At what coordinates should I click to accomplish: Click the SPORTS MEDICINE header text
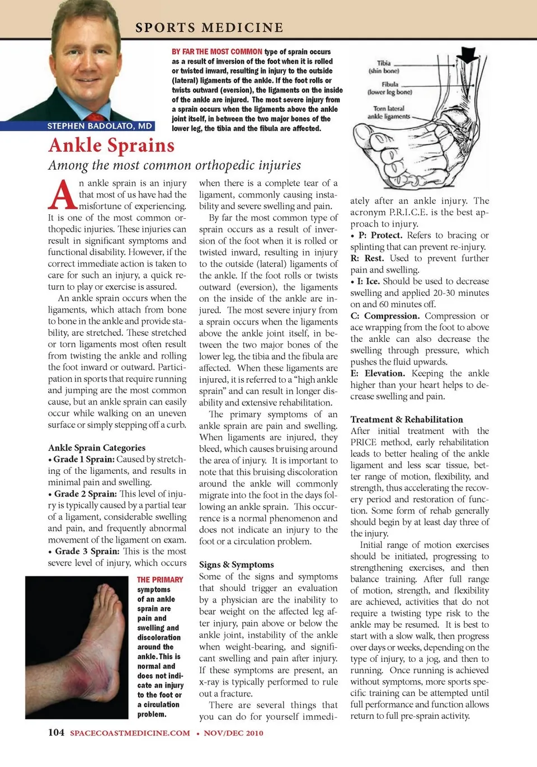point(209,27)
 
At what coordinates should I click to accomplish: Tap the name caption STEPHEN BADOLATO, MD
point(100,126)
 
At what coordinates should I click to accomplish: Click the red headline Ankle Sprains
point(111,145)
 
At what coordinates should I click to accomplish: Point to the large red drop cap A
point(62,195)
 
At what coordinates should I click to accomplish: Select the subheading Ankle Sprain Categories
point(97,448)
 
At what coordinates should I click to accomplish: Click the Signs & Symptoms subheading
point(236,564)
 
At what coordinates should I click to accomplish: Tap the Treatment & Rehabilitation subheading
point(407,419)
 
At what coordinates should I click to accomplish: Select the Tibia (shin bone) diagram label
point(384,67)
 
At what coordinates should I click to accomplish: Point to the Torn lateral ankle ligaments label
point(388,112)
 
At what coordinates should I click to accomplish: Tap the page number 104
point(56,732)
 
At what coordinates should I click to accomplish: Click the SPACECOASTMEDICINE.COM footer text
point(130,733)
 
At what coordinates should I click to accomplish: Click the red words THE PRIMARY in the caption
point(160,580)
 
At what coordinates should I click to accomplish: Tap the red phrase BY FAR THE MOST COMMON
point(217,51)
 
